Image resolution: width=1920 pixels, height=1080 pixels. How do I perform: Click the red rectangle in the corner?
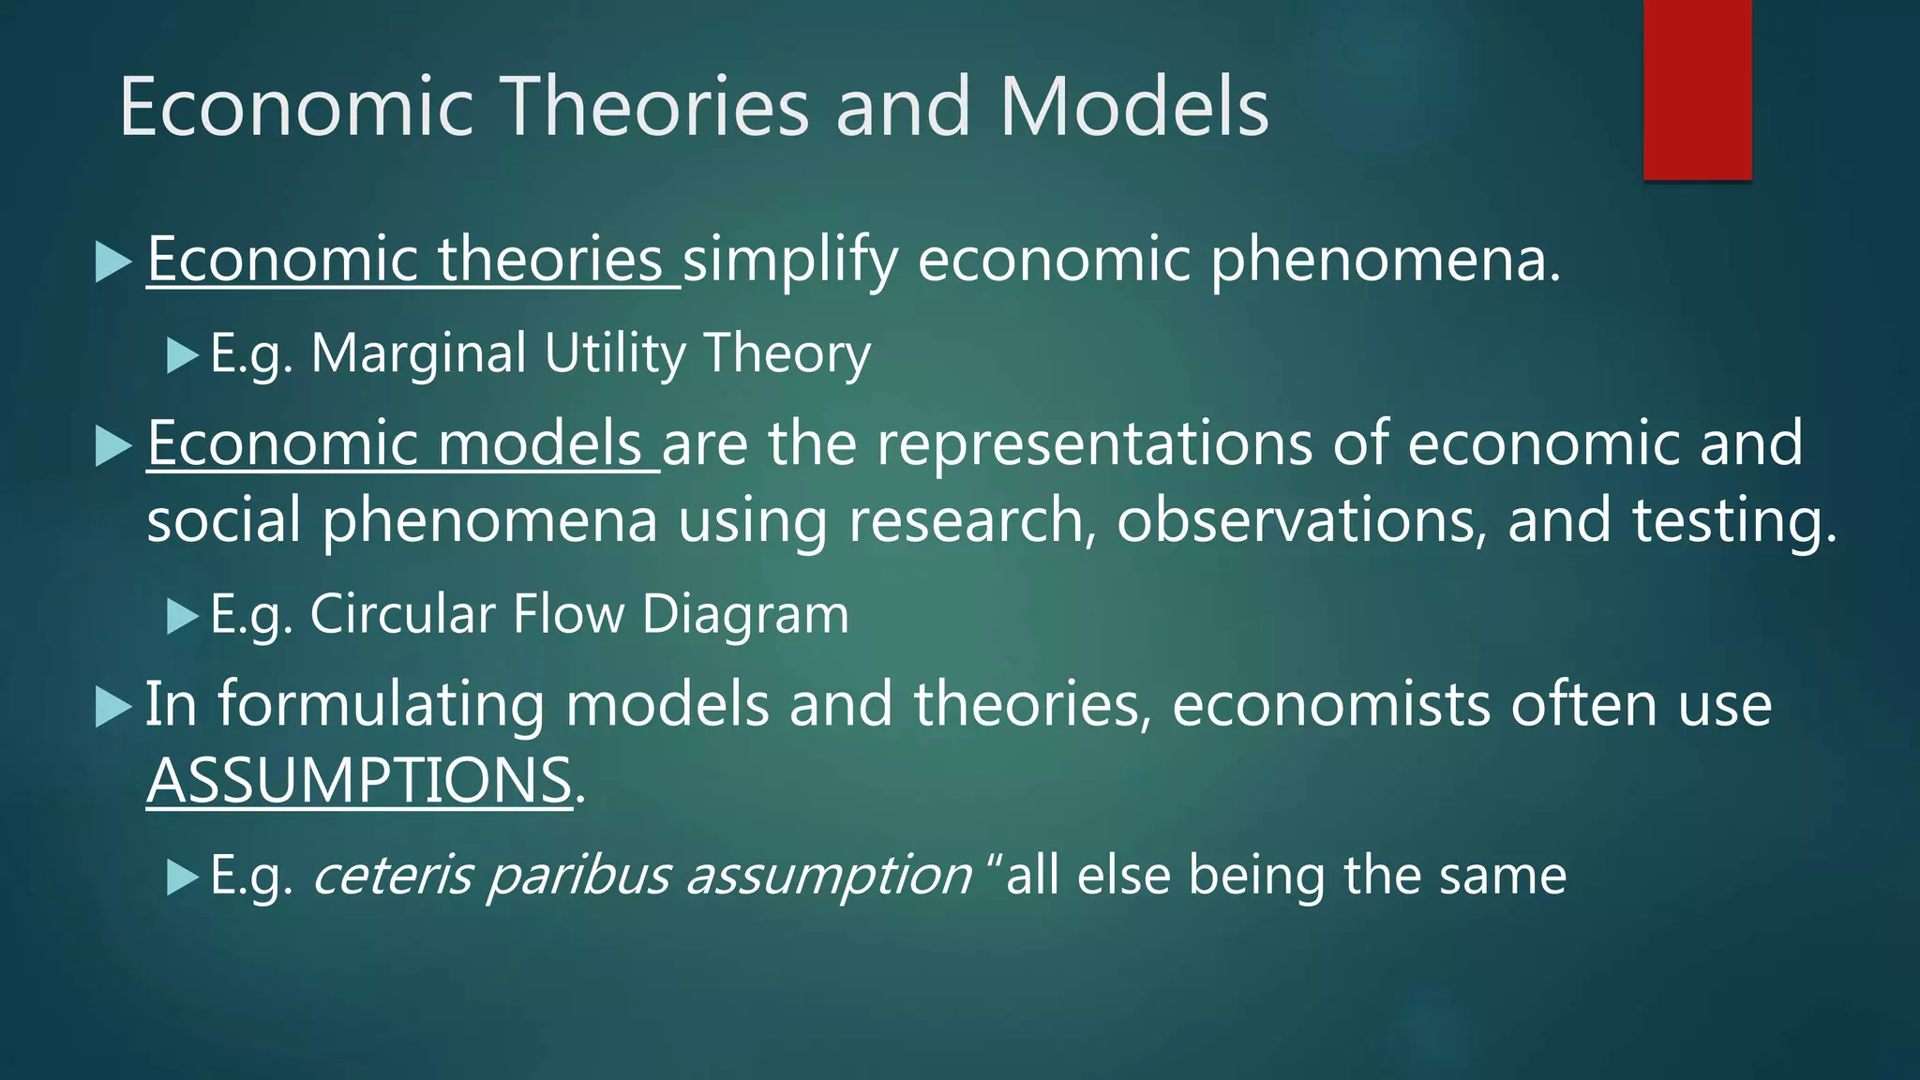click(x=1697, y=89)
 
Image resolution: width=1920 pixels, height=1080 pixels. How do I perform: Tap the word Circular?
click(x=402, y=615)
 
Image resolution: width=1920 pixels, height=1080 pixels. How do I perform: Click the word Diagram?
click(x=745, y=615)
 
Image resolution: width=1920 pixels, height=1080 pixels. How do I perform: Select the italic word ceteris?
click(x=391, y=876)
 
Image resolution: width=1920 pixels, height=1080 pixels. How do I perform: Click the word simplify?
click(x=789, y=260)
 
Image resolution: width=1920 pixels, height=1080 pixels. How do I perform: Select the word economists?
click(x=1330, y=704)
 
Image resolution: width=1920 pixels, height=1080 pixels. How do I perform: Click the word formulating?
click(x=381, y=704)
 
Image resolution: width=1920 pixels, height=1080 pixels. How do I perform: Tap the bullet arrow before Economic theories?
click(x=113, y=262)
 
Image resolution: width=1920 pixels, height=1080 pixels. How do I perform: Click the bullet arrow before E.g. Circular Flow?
click(x=183, y=617)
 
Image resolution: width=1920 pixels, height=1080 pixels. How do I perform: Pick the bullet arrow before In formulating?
click(x=113, y=707)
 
